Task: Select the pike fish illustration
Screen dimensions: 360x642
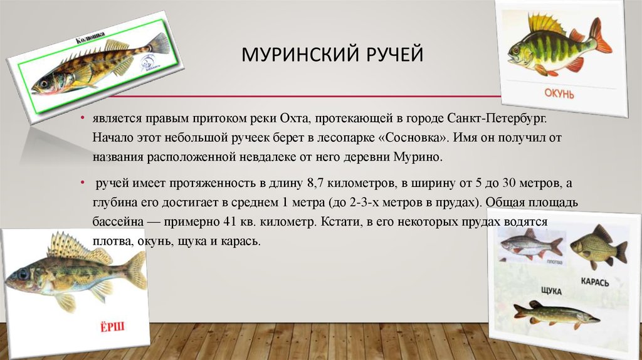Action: pos(554,313)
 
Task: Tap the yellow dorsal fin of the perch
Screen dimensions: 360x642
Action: pos(546,24)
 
